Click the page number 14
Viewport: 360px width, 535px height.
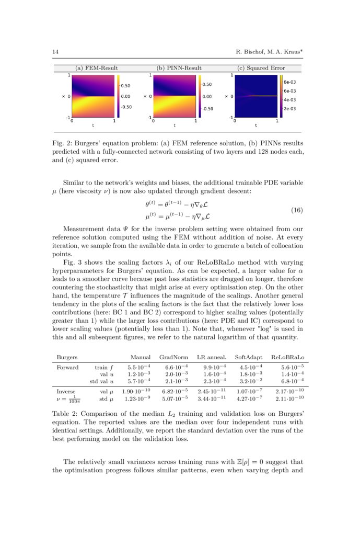tap(55, 51)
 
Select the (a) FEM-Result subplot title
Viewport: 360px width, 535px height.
tap(97, 68)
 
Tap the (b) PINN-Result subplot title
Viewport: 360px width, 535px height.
tap(179, 68)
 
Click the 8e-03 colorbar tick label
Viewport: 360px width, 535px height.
tap(289, 82)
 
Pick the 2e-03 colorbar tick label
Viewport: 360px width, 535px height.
tap(289, 108)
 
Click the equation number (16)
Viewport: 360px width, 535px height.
tap(296, 210)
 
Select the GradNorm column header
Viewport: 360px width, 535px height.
tap(173, 358)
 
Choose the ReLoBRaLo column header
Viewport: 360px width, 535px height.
tap(288, 358)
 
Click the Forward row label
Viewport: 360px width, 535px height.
tap(67, 367)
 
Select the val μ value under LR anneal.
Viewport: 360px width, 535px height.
tap(212, 391)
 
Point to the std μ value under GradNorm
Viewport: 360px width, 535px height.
tap(173, 399)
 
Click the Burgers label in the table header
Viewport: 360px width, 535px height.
tap(67, 358)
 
